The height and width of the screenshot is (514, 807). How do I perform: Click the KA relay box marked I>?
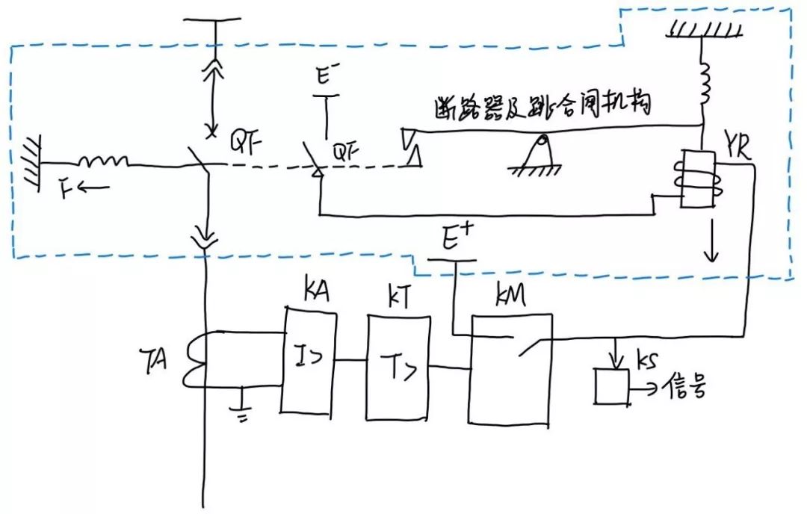309,360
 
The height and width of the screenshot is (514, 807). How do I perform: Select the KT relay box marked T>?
397,368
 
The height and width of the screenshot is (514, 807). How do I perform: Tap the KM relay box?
510,370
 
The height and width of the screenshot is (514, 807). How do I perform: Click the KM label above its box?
512,297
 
